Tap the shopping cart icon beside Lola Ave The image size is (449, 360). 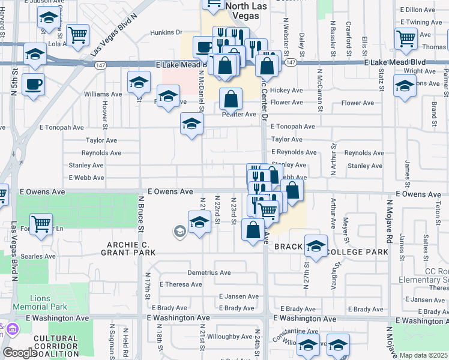pyautogui.click(x=78, y=35)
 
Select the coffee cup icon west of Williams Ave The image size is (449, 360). pyautogui.click(x=33, y=84)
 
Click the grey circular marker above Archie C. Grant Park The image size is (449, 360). pyautogui.click(x=179, y=231)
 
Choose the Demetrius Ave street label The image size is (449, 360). pyautogui.click(x=209, y=272)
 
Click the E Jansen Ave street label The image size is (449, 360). pyautogui.click(x=238, y=296)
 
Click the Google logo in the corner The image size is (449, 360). pyautogui.click(x=20, y=353)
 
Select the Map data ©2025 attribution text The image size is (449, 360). pyautogui.click(x=423, y=355)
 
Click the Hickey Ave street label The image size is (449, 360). pyautogui.click(x=286, y=91)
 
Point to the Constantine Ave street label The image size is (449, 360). pyautogui.click(x=296, y=331)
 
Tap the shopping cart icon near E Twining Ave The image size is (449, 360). pyautogui.click(x=406, y=38)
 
